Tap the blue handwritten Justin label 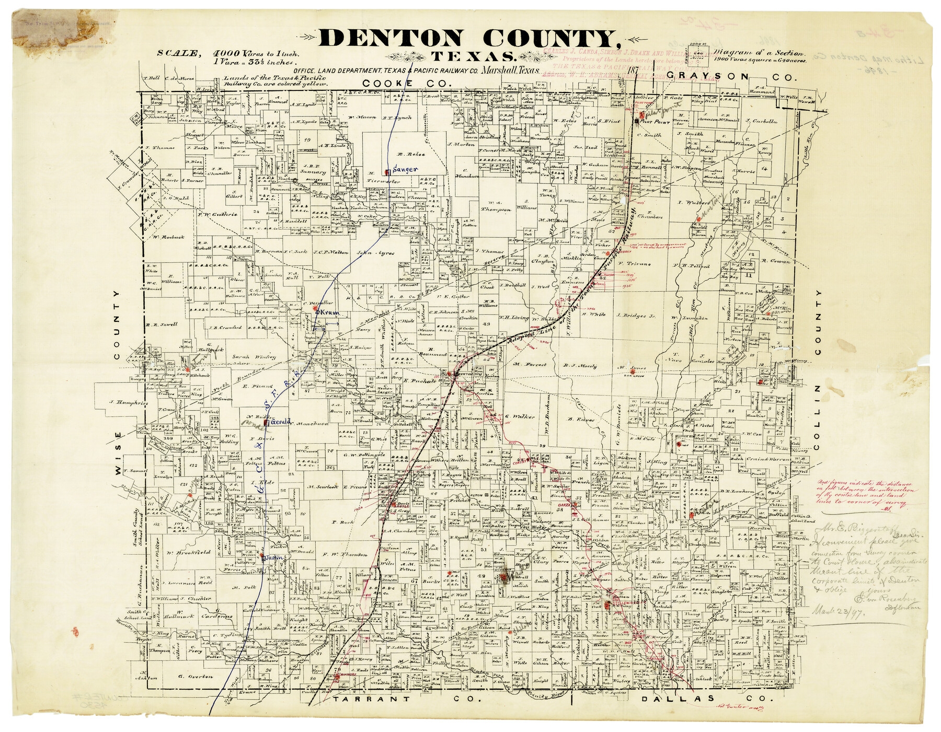[276, 558]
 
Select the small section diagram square [701, 53]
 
